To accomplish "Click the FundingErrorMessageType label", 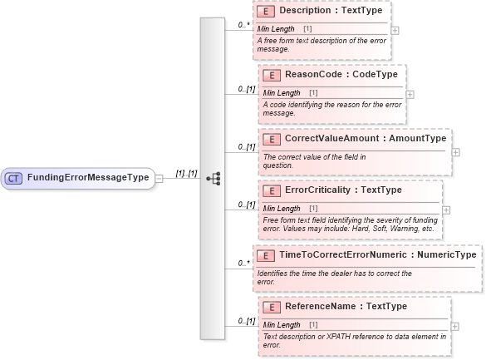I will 88,178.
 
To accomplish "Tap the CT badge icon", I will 14,178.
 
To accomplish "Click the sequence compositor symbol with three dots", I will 213,178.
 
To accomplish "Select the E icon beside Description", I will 268,12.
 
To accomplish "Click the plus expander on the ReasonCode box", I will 409,93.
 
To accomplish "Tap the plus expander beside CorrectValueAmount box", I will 455,152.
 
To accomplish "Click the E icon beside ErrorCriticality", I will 269,190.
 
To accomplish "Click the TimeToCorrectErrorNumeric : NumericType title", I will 377,254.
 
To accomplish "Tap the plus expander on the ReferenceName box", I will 451,325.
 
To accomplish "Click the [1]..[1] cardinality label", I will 186,174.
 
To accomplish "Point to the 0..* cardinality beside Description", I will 243,25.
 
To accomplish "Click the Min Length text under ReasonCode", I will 282,92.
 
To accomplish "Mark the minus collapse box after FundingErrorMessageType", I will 160,178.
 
